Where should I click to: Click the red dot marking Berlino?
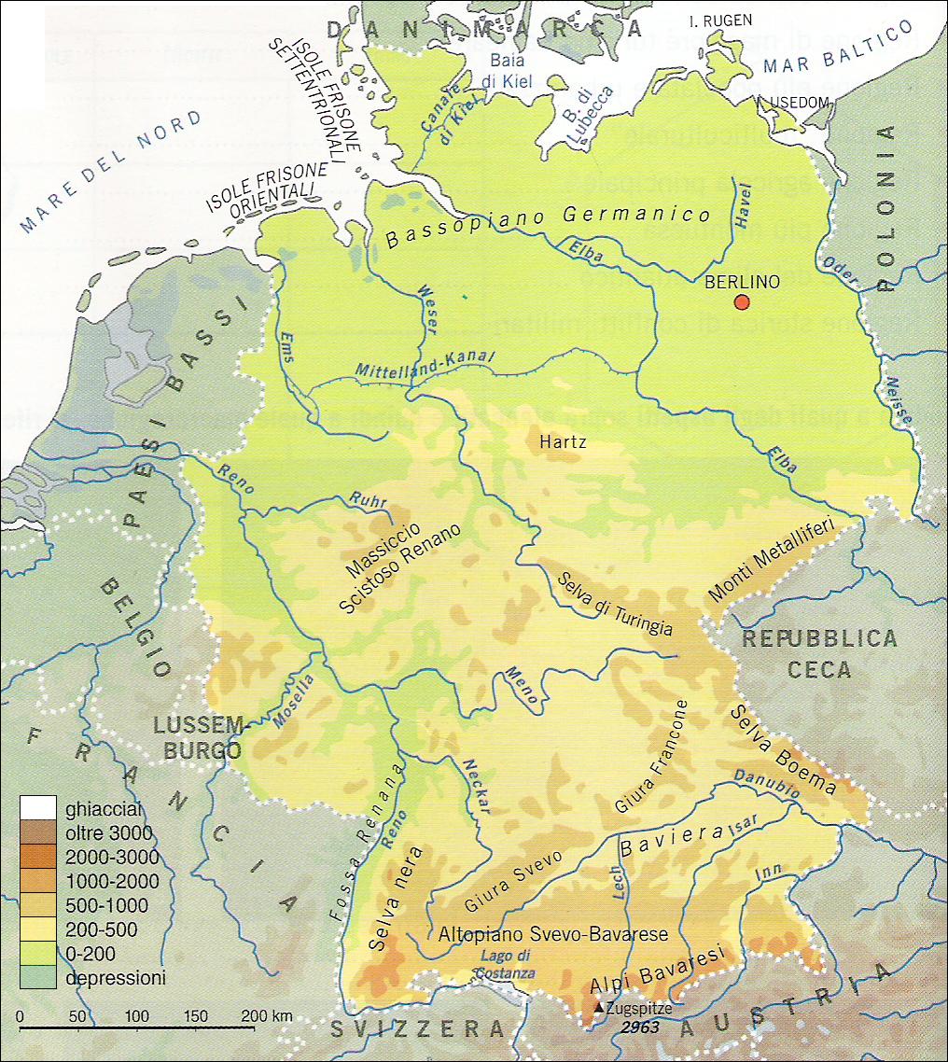pyautogui.click(x=742, y=301)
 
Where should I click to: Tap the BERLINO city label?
pyautogui.click(x=742, y=280)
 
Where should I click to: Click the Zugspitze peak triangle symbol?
pyautogui.click(x=598, y=1009)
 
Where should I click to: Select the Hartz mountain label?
pyautogui.click(x=562, y=441)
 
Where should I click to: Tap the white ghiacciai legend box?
pyautogui.click(x=40, y=807)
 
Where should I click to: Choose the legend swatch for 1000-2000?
pyautogui.click(x=40, y=881)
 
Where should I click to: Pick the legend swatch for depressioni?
pyautogui.click(x=40, y=978)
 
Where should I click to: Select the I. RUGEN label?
pyautogui.click(x=718, y=20)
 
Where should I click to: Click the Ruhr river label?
pyautogui.click(x=367, y=501)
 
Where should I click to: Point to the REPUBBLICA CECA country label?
pyautogui.click(x=818, y=654)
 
